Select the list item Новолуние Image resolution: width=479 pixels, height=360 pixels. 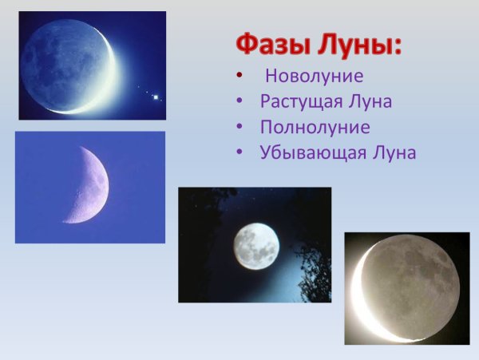pos(314,77)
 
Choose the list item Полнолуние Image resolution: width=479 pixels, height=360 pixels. pos(315,127)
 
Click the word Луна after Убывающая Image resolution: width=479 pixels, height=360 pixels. pos(391,152)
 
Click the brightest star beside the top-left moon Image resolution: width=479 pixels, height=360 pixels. pos(156,97)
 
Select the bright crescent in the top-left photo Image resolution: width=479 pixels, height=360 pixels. pos(109,80)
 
